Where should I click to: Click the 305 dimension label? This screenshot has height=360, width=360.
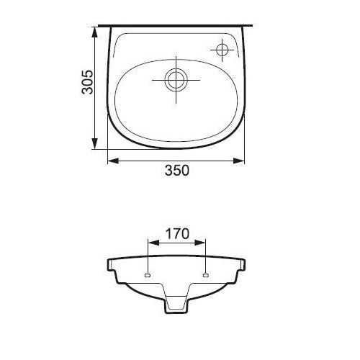point(87,82)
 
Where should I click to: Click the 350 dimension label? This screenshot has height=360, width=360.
point(177,171)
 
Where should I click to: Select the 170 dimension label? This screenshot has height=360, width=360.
point(177,233)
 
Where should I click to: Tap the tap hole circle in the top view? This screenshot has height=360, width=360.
point(222,50)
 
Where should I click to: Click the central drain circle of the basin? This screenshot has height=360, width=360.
point(177,80)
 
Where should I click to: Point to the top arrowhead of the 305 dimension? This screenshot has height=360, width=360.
point(95,32)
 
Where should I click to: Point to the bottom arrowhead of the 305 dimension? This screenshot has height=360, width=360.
point(95,143)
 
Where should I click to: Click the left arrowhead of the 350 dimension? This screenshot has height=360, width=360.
point(113,161)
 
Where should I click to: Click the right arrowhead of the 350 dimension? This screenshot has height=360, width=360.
point(239,161)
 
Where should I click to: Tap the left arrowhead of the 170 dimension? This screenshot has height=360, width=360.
point(154,243)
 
